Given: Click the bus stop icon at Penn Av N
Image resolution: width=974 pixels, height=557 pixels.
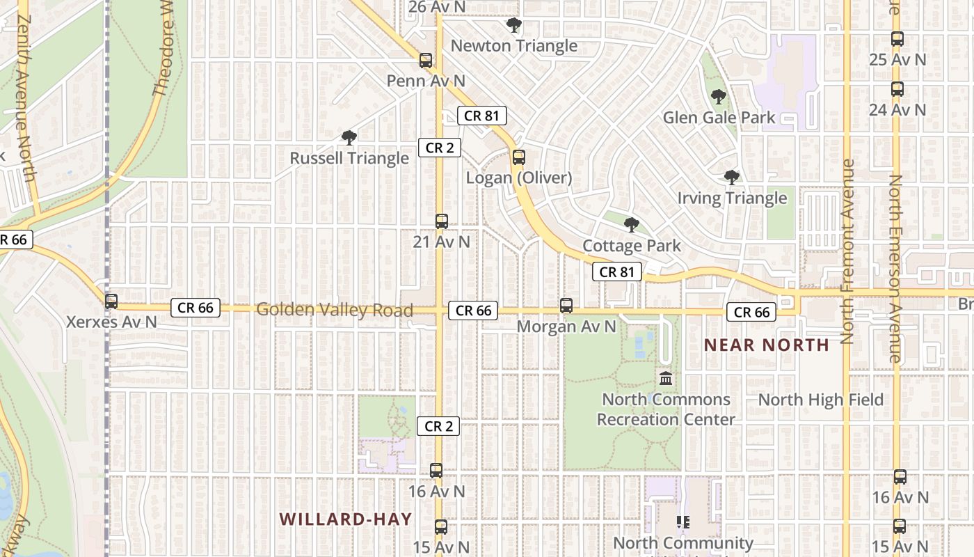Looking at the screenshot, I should [426, 61].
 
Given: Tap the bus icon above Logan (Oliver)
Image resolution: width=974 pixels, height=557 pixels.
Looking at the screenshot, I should [518, 157].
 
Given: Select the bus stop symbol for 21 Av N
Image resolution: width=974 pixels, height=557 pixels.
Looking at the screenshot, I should [441, 221].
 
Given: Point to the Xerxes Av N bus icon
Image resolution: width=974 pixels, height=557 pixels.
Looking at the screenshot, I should [111, 301].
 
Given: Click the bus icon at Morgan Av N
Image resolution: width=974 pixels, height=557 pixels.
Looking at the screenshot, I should [566, 305].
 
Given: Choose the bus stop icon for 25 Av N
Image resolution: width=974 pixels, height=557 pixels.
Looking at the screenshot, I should [897, 39].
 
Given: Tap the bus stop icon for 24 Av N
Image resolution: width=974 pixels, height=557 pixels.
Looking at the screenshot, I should [897, 89].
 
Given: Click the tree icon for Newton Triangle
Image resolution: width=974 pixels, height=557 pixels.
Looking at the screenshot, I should [514, 26].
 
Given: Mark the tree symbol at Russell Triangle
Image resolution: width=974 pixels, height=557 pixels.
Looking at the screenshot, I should [349, 138].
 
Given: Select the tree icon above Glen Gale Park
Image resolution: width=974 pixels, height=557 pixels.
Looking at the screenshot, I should [719, 97].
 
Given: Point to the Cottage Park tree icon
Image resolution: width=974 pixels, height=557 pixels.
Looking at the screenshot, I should [632, 225].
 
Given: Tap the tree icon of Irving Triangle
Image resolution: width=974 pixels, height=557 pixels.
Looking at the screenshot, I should [732, 178].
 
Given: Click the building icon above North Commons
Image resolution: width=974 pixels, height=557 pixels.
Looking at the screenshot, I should [666, 379].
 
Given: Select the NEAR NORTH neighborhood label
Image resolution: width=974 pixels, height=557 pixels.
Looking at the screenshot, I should [767, 345].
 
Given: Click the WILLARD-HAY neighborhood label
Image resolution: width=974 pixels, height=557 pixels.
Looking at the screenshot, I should [346, 519].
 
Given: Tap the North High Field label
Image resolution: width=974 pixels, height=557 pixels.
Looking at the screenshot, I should [820, 400].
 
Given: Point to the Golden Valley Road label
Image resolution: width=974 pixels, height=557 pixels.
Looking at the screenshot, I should [335, 310].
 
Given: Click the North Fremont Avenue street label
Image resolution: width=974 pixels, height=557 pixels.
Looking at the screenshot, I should [847, 251].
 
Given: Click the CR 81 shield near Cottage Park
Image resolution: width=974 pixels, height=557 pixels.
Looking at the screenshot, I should [617, 272].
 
